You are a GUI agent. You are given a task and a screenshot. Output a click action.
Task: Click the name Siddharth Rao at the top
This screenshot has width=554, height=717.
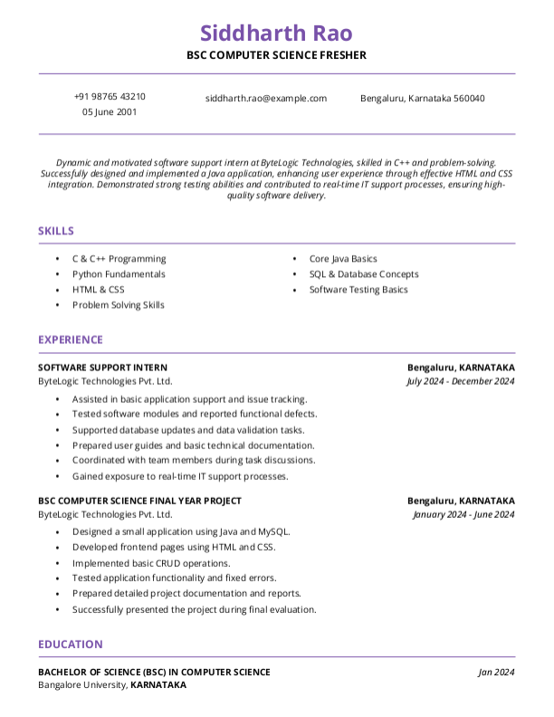[x=276, y=33]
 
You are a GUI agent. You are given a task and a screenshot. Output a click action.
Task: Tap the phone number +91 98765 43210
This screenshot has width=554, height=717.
[x=110, y=97]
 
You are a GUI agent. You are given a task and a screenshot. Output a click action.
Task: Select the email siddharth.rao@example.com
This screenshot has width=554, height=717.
[x=266, y=98]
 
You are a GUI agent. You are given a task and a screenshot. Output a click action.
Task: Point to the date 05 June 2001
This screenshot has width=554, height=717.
[x=110, y=112]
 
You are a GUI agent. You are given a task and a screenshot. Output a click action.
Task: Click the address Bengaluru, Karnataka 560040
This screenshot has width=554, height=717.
[x=422, y=98]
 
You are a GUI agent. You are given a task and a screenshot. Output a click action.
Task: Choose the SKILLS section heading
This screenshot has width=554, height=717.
[x=56, y=231]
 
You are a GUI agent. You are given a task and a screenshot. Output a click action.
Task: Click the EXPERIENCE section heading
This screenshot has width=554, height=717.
[x=71, y=339]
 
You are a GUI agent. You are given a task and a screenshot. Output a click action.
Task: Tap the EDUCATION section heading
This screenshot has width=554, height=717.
[x=70, y=644]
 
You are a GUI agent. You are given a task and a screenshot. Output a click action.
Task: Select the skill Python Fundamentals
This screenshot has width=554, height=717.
[x=119, y=273]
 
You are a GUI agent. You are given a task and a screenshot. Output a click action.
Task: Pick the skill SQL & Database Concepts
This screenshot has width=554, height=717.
[x=364, y=273]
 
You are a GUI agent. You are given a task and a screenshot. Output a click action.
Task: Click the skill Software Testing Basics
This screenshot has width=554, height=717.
[x=358, y=290]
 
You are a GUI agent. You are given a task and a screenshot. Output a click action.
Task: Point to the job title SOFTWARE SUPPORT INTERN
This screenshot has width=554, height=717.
[x=102, y=368]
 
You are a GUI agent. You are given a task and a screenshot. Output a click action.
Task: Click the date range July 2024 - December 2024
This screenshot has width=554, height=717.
[x=461, y=381]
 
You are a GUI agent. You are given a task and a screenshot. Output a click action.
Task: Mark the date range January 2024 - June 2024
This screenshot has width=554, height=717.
[x=463, y=514]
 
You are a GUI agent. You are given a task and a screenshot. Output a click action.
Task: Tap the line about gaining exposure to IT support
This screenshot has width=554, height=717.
[x=180, y=475]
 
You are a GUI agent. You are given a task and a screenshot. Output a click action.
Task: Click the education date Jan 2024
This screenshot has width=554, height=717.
[x=496, y=672]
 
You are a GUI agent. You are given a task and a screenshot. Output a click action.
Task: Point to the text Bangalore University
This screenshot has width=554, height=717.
[x=82, y=685]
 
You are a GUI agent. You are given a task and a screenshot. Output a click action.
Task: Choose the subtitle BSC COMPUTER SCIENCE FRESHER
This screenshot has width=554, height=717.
[x=276, y=55]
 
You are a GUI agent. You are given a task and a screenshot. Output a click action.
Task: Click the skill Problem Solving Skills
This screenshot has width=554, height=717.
[x=119, y=305]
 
